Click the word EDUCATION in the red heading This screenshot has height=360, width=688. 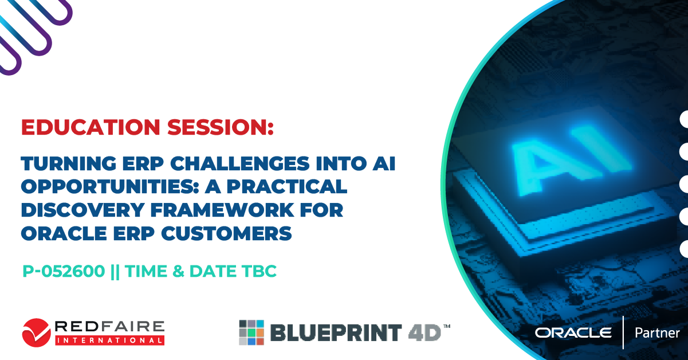coord(91,127)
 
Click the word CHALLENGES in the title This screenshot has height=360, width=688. coord(240,163)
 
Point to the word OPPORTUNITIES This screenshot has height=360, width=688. coord(111,187)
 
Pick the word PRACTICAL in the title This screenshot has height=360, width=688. coord(287,187)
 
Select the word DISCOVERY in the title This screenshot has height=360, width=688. coord(82,210)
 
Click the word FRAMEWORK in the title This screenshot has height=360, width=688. coord(223,210)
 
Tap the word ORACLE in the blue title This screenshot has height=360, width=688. coord(64,233)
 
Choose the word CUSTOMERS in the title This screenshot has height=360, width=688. coord(226,233)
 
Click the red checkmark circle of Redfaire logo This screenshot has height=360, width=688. coord(36,332)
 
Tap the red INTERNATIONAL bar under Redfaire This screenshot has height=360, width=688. coord(109,341)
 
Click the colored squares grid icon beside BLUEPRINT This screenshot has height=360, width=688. coord(251,332)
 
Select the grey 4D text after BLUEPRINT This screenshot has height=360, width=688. coord(424,332)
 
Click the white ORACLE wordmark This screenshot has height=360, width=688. coord(573,332)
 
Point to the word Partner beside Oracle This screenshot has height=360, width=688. coord(657,333)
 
